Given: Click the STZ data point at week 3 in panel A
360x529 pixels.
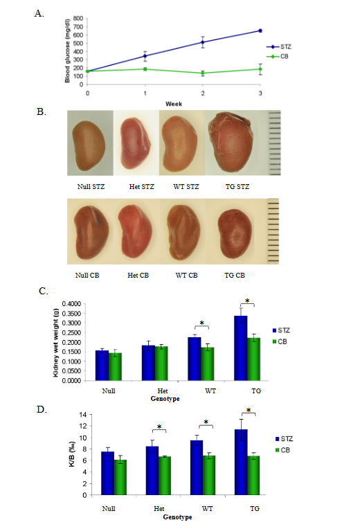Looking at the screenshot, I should [260, 30].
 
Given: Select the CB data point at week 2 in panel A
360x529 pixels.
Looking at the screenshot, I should [202, 73].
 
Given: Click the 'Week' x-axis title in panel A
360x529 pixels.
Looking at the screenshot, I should [173, 103].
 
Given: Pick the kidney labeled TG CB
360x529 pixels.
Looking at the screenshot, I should [233, 231].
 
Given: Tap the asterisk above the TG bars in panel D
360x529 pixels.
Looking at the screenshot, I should [249, 411].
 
